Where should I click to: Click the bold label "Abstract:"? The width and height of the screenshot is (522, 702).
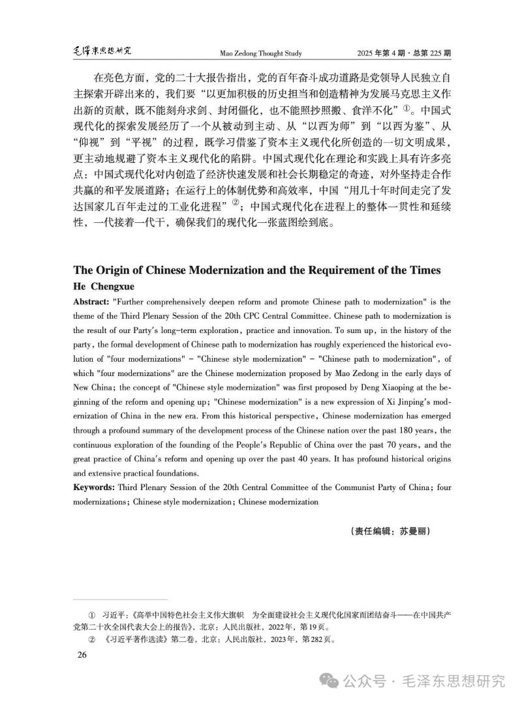click(x=91, y=302)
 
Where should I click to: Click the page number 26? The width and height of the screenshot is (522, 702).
click(x=82, y=654)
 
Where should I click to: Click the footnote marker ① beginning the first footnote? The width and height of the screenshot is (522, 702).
click(x=91, y=615)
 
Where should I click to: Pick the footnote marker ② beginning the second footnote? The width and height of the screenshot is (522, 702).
click(x=91, y=639)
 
